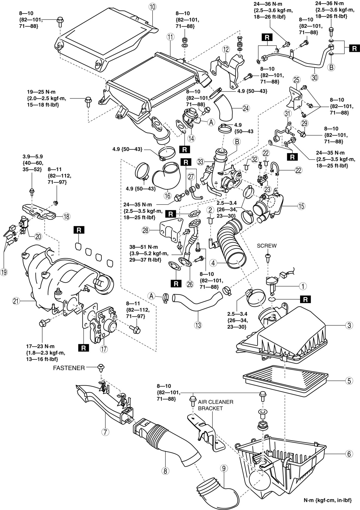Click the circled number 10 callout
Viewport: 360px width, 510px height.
[x=152, y=7]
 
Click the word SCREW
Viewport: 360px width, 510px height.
[x=267, y=246]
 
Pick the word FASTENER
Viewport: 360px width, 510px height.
[x=69, y=368]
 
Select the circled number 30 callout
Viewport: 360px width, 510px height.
[x=314, y=78]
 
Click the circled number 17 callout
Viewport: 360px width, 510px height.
[x=104, y=349]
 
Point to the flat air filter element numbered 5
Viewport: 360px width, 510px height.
[x=285, y=380]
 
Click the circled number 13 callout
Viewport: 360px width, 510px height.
[x=198, y=325]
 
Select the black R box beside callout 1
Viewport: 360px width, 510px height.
[x=305, y=299]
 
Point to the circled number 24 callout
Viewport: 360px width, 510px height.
[x=246, y=108]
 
